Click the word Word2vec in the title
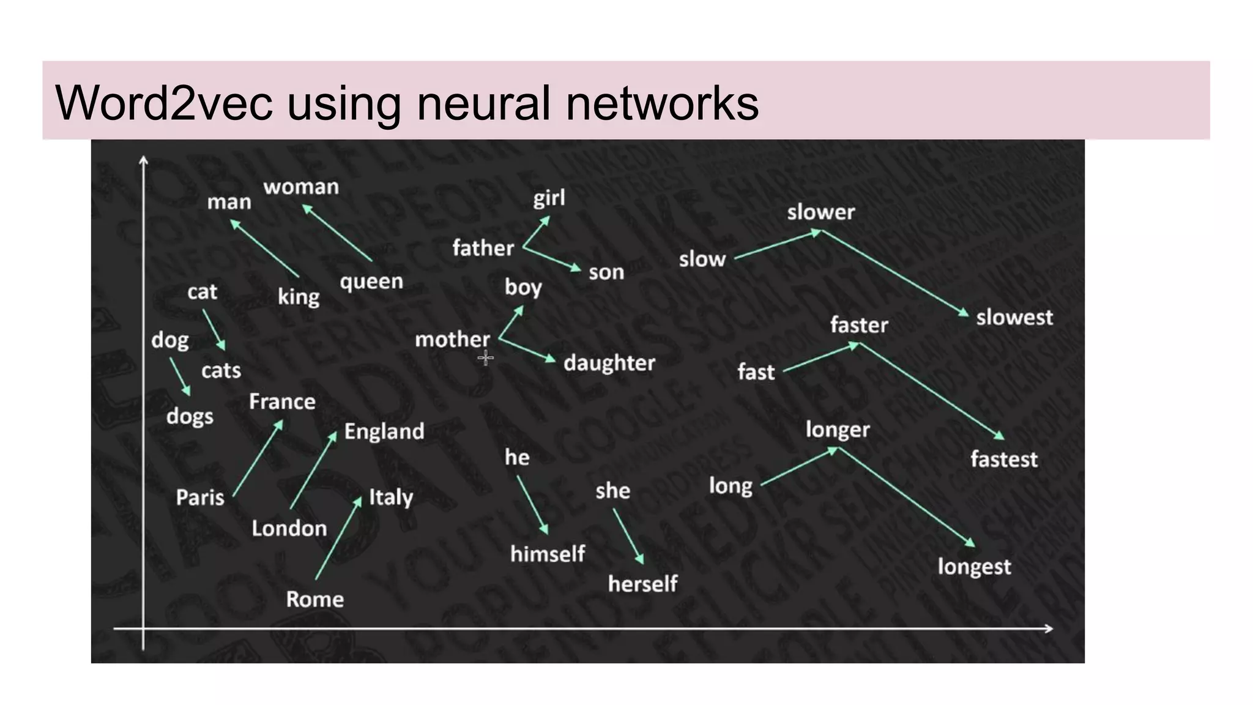(163, 103)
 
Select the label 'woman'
(301, 187)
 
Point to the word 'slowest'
(1014, 318)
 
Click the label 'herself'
(642, 584)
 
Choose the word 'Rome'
(314, 599)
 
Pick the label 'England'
(384, 431)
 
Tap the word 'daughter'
(609, 363)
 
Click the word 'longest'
(974, 567)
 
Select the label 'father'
(483, 248)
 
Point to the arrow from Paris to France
(258, 458)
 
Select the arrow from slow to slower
(778, 245)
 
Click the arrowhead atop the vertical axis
(143, 160)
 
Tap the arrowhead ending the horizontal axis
(1048, 629)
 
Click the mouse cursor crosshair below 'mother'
(486, 357)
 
